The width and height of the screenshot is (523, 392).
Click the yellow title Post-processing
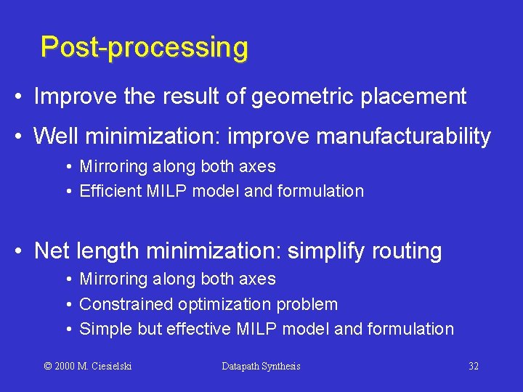pos(144,48)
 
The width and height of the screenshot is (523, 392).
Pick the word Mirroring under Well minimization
pos(113,166)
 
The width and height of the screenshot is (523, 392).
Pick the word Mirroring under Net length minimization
pos(113,279)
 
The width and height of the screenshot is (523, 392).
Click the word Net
pos(52,251)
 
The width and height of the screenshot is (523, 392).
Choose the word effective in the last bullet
pos(199,329)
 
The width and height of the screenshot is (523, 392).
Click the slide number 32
pos(474,367)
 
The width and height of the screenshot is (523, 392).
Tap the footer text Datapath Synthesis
pos(261,367)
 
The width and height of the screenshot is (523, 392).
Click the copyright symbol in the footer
pos(48,367)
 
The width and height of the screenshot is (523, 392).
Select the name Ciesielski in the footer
pos(111,367)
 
